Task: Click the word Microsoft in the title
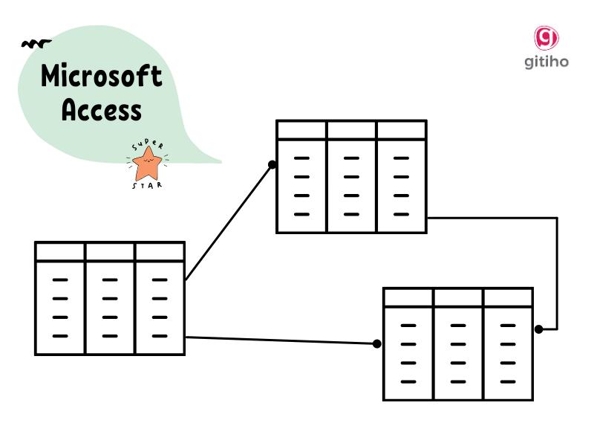[101, 76]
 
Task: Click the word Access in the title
[101, 110]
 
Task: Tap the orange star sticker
[148, 164]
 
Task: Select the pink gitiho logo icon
[546, 38]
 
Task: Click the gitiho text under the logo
[546, 62]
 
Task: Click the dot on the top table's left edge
[272, 165]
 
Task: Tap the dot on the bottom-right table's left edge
[377, 343]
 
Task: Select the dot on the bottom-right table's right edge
[539, 329]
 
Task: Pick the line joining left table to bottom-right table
[282, 340]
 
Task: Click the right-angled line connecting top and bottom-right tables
[556, 268]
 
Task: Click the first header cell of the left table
[60, 251]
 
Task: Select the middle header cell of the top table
[351, 130]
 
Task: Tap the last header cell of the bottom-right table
[508, 297]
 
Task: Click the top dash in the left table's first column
[60, 280]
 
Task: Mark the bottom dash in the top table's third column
[401, 214]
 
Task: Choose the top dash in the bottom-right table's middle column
[458, 326]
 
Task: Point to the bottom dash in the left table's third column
[159, 336]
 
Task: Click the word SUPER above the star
[146, 143]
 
